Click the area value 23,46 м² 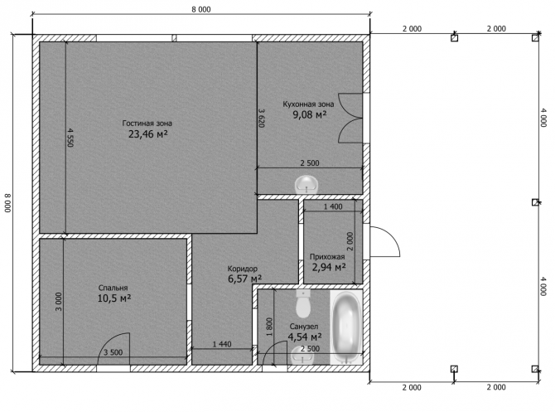tap(147, 134)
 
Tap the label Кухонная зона tap(308, 104)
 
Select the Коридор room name tap(243, 269)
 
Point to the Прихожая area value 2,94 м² tap(329, 267)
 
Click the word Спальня tap(113, 288)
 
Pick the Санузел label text tap(304, 327)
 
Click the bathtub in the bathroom tap(347, 327)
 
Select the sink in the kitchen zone tap(306, 185)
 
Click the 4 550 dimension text tap(70, 138)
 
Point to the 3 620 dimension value tap(261, 118)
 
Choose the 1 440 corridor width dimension tap(222, 344)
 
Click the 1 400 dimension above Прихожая tap(333, 206)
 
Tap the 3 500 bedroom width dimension tap(113, 352)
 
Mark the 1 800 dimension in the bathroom tap(269, 327)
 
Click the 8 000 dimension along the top tap(201, 10)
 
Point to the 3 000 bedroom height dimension tap(59, 302)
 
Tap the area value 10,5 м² tap(114, 298)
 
